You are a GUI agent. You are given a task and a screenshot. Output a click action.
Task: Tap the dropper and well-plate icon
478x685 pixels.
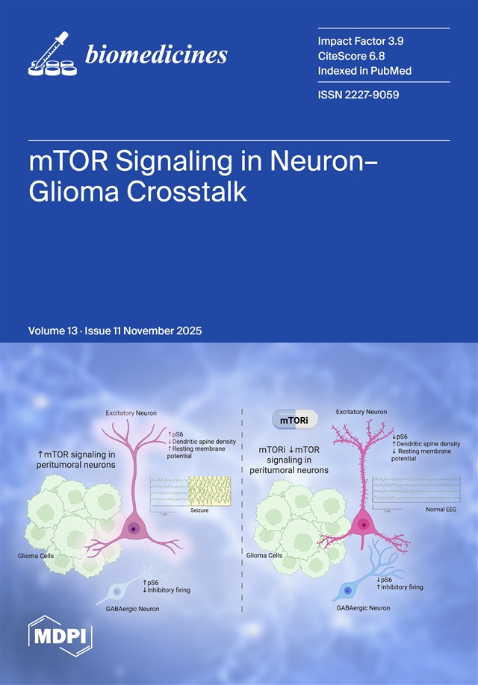click(53, 55)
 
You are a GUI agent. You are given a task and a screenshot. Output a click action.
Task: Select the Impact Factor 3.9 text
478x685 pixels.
click(361, 40)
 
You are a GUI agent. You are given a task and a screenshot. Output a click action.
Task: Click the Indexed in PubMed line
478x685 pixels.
click(365, 70)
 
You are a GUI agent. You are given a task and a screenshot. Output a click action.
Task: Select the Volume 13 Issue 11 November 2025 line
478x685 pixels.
click(115, 330)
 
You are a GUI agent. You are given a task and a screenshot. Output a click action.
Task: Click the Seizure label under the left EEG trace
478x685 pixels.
click(199, 510)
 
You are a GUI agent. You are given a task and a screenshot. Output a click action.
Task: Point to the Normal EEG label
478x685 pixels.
click(441, 509)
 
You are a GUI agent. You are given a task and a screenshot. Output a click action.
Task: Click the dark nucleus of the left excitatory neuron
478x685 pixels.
click(134, 529)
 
